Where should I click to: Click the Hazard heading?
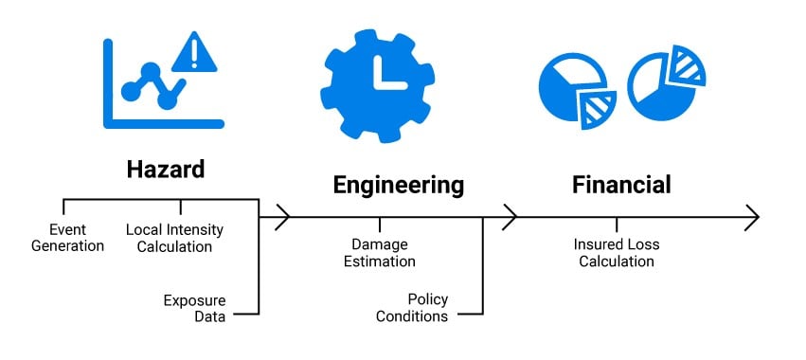tap(166, 170)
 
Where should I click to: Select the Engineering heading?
tap(399, 184)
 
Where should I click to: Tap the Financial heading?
tap(621, 184)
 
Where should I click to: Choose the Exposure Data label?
tap(195, 309)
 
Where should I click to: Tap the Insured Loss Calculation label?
tap(617, 252)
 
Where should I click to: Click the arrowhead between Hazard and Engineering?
tap(281, 217)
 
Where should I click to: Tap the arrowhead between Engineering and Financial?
tap(510, 217)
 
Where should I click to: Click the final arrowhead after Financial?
tap(752, 217)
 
